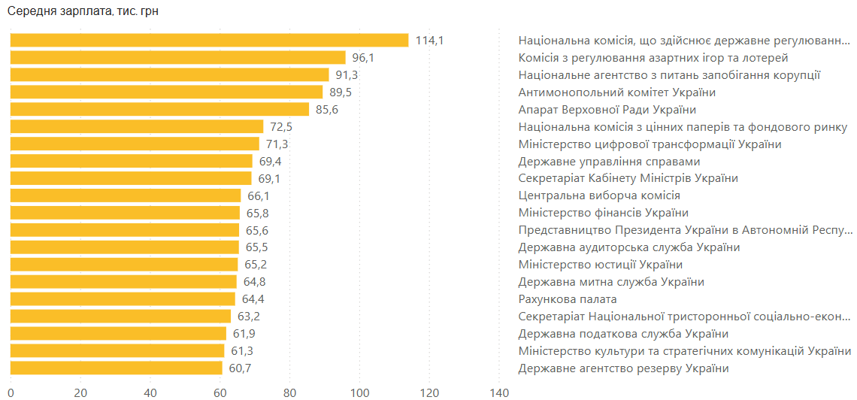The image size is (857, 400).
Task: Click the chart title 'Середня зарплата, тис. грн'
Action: pyautogui.click(x=83, y=12)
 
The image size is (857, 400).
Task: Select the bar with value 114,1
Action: pyautogui.click(x=209, y=41)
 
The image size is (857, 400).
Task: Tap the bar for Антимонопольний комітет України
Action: pyautogui.click(x=166, y=92)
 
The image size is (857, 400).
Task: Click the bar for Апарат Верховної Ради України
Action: pyautogui.click(x=159, y=110)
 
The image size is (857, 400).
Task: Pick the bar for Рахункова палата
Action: pyautogui.click(x=123, y=299)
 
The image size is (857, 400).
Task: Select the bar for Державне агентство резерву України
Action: pyautogui.click(x=116, y=368)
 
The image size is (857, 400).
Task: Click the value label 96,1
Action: pyautogui.click(x=363, y=58)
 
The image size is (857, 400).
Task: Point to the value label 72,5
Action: pyautogui.click(x=280, y=127)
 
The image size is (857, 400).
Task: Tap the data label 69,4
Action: pyautogui.click(x=270, y=162)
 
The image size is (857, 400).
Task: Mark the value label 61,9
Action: pyautogui.click(x=244, y=334)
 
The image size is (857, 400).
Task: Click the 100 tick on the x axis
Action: pyautogui.click(x=360, y=392)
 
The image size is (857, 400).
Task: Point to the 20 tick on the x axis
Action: pyautogui.click(x=80, y=392)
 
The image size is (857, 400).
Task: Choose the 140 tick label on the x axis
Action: pyautogui.click(x=499, y=392)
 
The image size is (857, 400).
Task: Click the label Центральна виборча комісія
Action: pyautogui.click(x=599, y=195)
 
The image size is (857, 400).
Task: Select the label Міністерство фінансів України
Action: pyautogui.click(x=603, y=213)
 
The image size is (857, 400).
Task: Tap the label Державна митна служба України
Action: pyautogui.click(x=611, y=282)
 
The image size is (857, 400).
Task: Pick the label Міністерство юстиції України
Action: pyautogui.click(x=601, y=265)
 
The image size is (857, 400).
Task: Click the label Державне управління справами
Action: pyautogui.click(x=609, y=162)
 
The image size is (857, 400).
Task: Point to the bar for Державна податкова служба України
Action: pyautogui.click(x=118, y=334)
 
